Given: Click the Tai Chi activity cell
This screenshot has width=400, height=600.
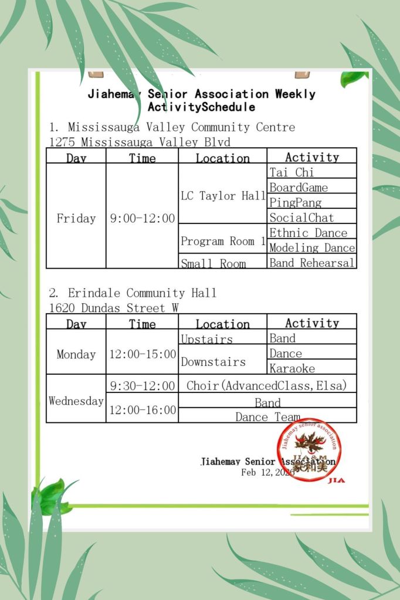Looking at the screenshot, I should tap(311, 172).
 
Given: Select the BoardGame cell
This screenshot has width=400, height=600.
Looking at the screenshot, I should tap(311, 187).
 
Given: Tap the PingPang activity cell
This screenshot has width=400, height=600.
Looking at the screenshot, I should tap(311, 202).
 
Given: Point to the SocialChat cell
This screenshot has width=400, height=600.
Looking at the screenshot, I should tap(311, 218).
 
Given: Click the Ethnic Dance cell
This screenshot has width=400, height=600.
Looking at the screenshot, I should tap(311, 233).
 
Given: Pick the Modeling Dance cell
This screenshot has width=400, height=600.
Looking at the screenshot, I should tap(311, 248).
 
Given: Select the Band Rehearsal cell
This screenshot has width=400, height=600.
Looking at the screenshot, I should tap(311, 262).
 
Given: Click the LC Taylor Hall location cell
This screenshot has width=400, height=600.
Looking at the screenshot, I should tap(223, 195).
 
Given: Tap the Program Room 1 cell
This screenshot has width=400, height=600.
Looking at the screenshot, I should tap(223, 240).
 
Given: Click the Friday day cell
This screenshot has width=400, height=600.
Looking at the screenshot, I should tap(76, 218).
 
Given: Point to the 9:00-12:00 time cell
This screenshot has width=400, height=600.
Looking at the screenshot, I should tap(143, 218).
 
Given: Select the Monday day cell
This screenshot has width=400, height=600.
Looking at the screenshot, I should tap(76, 354).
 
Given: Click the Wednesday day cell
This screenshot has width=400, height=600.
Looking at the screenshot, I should tap(76, 401).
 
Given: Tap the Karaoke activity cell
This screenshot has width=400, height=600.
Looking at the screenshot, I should tap(311, 368).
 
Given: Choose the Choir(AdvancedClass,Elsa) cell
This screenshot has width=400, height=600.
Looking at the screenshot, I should tap(267, 385).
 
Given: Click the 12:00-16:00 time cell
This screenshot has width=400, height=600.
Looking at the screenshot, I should tap(143, 410).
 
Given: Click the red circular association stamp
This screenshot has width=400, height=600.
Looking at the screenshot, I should tap(309, 450).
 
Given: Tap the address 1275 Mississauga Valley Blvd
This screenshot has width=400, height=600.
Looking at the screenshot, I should tap(140, 141).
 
